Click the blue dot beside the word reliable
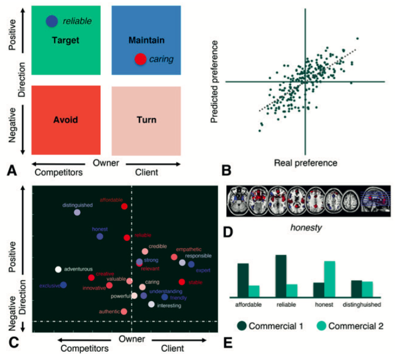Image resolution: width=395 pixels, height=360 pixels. coord(52,21)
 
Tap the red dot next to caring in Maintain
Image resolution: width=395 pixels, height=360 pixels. coord(141,59)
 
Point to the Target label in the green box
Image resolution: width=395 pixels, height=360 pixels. coord(66,40)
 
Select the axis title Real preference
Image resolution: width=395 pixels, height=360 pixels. coord(305,163)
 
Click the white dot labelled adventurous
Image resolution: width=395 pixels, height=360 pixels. coord(58,270)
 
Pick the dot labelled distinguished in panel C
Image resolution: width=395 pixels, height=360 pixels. coord(77,212)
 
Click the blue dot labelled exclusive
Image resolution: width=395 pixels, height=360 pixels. coord(64,285)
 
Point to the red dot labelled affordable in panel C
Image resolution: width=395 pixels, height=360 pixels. coord(124,206)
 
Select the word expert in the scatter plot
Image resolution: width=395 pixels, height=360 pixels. coord(202,270)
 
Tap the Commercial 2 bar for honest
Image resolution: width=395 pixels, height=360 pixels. coord(330,280)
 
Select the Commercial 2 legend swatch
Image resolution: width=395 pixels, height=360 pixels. coord(321,325)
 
